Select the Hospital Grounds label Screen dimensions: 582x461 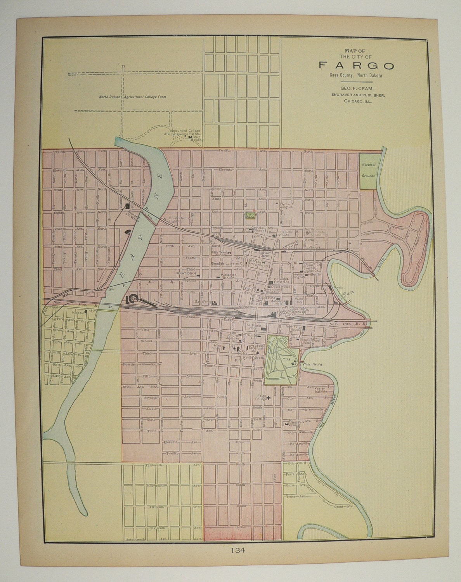[368, 170]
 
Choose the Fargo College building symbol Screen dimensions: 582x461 [268, 398]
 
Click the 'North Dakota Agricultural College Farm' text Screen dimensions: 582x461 [132, 97]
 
